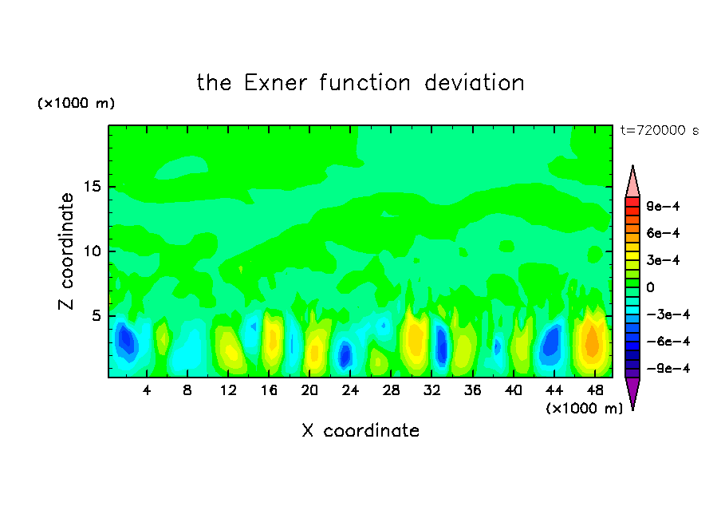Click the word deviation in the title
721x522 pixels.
[x=475, y=83]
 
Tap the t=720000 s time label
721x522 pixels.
[x=660, y=131]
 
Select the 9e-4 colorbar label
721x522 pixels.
[x=663, y=206]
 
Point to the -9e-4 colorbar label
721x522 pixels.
[x=668, y=368]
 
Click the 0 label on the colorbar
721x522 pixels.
[x=650, y=287]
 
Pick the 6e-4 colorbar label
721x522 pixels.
[x=663, y=233]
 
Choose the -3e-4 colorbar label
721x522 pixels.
[x=668, y=314]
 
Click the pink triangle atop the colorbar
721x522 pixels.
[x=632, y=184]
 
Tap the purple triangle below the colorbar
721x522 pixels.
[x=632, y=391]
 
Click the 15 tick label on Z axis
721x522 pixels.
[x=92, y=187]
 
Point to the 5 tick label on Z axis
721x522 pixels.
[x=96, y=316]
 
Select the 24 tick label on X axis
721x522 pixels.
[x=350, y=390]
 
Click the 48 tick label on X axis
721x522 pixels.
[x=594, y=390]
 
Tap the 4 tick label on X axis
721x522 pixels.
[x=147, y=390]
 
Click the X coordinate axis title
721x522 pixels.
[x=360, y=430]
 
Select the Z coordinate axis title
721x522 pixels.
[x=66, y=251]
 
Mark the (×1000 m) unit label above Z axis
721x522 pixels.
[x=76, y=103]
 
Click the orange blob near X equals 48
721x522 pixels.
[x=593, y=342]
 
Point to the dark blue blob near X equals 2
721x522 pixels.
[x=127, y=340]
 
